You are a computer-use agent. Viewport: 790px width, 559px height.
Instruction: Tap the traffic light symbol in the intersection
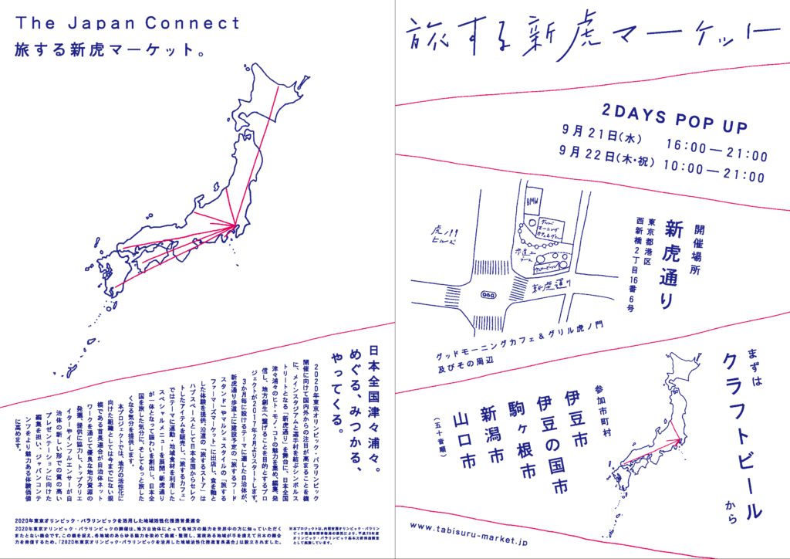488,294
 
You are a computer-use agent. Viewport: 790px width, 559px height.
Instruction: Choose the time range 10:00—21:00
717,176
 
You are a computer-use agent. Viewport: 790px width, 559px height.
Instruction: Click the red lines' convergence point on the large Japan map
235,225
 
